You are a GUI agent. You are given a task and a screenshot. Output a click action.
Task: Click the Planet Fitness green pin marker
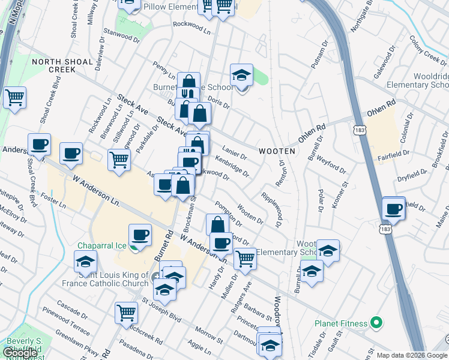(376, 323)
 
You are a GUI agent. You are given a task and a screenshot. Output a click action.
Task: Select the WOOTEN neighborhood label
(277, 151)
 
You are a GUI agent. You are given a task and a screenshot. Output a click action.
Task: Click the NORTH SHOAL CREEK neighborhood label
(53, 65)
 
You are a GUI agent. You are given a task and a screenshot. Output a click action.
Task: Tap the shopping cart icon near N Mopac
(14, 97)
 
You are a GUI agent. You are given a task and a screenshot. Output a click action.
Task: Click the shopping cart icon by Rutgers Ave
(245, 259)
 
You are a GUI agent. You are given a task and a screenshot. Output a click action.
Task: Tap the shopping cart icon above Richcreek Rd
(126, 313)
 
